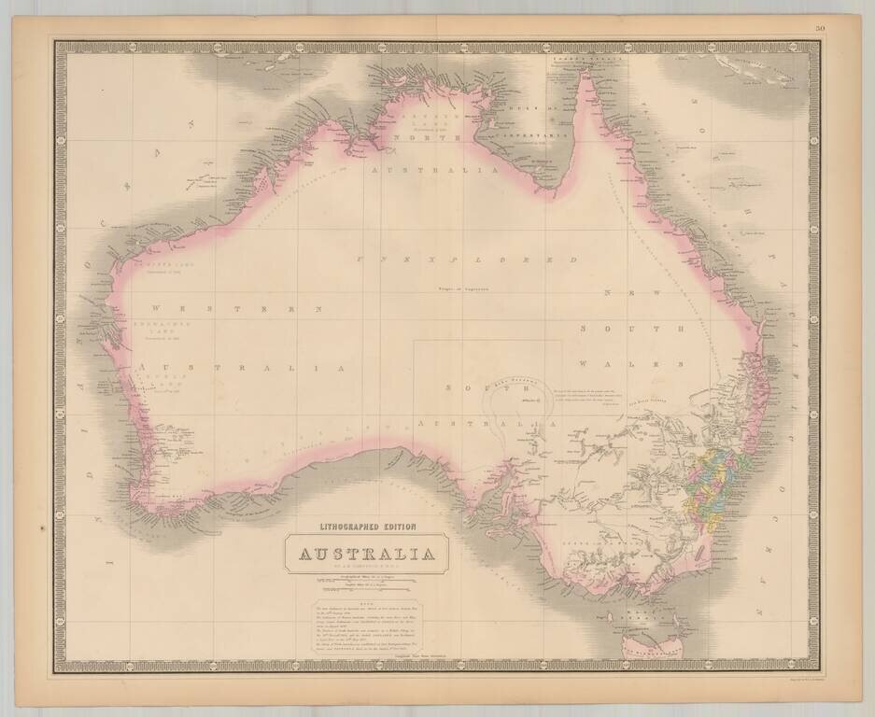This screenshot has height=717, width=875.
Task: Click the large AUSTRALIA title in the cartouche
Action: [367, 555]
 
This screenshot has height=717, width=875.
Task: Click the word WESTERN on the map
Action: [237, 307]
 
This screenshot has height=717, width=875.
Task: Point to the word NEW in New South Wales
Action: [619, 293]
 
